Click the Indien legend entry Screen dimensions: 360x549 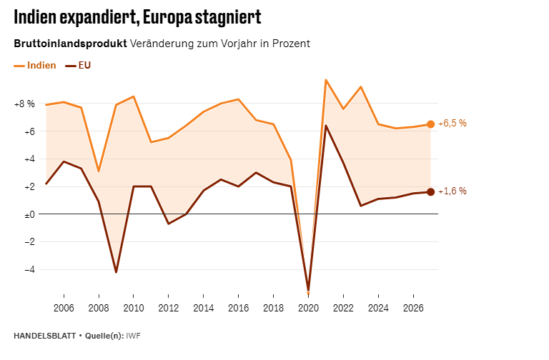click(36, 66)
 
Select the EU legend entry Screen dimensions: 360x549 click(79, 66)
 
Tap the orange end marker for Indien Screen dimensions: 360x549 click(430, 124)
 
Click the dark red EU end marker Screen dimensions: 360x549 click(430, 191)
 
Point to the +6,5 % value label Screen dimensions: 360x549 click(452, 124)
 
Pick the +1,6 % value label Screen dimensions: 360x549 click(452, 191)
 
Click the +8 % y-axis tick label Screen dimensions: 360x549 click(24, 104)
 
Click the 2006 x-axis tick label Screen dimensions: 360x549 click(64, 309)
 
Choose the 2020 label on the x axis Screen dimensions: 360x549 click(308, 309)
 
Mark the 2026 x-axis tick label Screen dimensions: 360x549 click(413, 309)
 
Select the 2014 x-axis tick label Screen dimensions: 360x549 click(203, 309)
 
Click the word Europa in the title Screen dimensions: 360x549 click(167, 17)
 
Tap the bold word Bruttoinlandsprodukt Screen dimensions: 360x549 click(70, 44)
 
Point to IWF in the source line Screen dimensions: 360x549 click(134, 336)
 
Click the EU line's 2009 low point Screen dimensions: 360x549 click(116, 272)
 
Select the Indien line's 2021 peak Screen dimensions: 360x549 click(325, 80)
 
